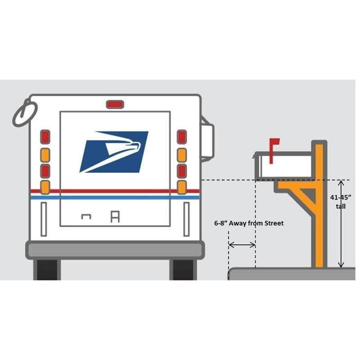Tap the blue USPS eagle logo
click(114, 152)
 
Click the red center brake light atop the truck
click(115, 104)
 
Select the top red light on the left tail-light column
click(45, 137)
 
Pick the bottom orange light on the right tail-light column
click(182, 187)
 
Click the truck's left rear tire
click(47, 270)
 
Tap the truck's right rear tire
click(183, 270)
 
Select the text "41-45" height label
click(341, 198)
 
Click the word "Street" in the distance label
click(274, 223)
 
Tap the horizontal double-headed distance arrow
click(242, 245)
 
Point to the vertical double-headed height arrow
click(341, 224)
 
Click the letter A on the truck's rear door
click(115, 217)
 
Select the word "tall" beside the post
click(341, 207)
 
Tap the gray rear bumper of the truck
click(115, 250)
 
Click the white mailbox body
click(284, 166)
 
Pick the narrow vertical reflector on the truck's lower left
click(44, 219)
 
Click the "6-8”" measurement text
click(220, 223)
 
